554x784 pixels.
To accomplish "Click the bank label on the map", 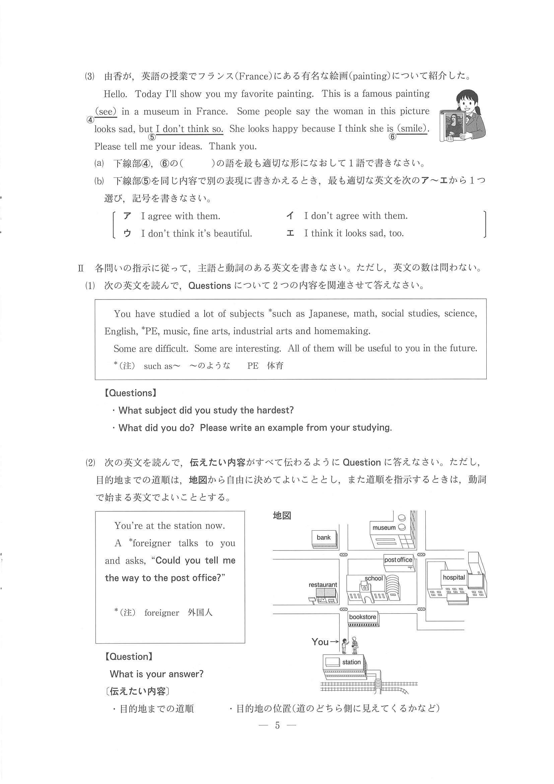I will click(x=323, y=537).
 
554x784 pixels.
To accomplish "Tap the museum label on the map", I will click(x=384, y=528).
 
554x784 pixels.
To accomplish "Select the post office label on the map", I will click(x=398, y=560).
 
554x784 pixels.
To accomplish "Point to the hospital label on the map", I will click(x=454, y=577).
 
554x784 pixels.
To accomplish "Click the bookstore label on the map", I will click(x=362, y=617).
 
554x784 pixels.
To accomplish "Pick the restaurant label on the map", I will click(x=323, y=585).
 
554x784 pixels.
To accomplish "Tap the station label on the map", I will click(x=351, y=662).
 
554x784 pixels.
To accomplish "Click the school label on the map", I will click(x=374, y=578).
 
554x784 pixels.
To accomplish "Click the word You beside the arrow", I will click(x=320, y=642).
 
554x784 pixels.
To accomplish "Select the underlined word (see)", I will click(x=106, y=111).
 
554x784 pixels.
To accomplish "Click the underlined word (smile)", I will click(x=412, y=129).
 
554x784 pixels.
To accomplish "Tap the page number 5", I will click(x=277, y=725).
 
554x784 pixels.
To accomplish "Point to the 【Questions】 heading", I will click(x=130, y=393).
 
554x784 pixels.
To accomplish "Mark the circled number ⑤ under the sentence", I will click(x=151, y=137).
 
